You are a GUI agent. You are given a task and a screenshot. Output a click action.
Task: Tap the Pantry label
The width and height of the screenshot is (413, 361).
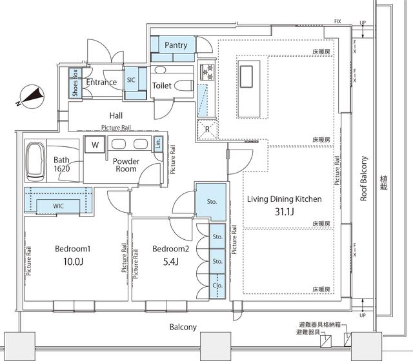click(x=176, y=45)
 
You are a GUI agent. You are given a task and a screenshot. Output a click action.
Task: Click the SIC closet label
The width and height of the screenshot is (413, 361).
click(x=131, y=81)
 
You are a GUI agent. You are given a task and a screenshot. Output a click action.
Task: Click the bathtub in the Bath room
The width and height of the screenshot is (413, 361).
click(x=34, y=164)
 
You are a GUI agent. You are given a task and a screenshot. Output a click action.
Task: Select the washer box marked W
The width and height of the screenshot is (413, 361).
click(x=95, y=144)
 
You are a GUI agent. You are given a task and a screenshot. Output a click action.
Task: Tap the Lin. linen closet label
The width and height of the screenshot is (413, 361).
click(x=159, y=146)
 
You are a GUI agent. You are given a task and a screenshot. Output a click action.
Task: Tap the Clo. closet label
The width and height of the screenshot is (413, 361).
click(x=217, y=284)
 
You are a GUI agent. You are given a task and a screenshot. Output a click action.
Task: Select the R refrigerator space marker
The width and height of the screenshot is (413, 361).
click(x=206, y=128)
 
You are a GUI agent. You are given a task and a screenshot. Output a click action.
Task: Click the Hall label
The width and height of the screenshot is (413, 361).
click(x=116, y=115)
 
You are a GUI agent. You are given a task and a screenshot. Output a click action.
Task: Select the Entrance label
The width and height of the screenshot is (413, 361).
click(x=102, y=82)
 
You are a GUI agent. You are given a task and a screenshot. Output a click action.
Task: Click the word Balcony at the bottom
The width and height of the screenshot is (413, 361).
click(x=183, y=327)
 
